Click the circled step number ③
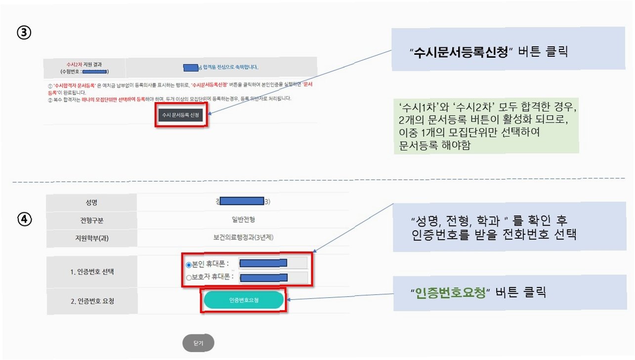pyautogui.click(x=25, y=33)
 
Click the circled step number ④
pyautogui.click(x=25, y=219)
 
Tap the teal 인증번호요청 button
pyautogui.click(x=244, y=300)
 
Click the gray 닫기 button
pyautogui.click(x=198, y=343)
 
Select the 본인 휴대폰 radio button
pyautogui.click(x=189, y=264)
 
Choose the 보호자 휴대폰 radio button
pyautogui.click(x=189, y=278)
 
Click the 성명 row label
pyautogui.click(x=91, y=202)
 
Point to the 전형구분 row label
pyautogui.click(x=91, y=220)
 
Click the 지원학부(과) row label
pyautogui.click(x=91, y=238)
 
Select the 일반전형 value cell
pyautogui.click(x=243, y=220)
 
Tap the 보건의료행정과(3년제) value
pyautogui.click(x=243, y=238)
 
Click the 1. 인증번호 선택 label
pyautogui.click(x=92, y=271)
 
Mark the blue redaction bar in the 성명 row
pyautogui.click(x=241, y=201)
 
